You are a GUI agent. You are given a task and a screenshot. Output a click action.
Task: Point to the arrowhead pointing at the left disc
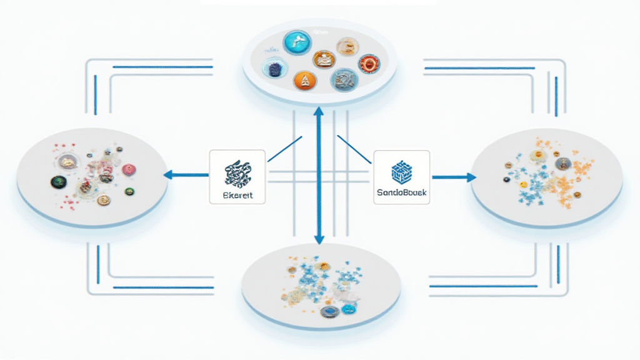pos(167,175)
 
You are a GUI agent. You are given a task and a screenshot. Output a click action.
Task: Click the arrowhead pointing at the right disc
pos(470,177)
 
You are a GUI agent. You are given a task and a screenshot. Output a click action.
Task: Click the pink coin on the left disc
pos(128,169)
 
